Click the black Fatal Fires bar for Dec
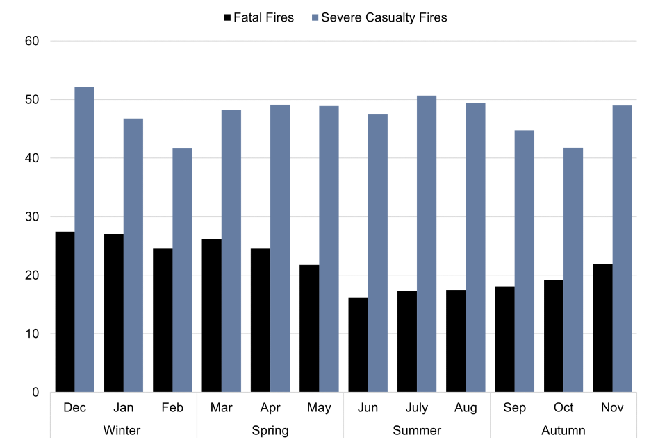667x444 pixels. point(65,311)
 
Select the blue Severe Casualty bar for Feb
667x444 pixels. point(182,270)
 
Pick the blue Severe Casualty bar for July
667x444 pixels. point(427,244)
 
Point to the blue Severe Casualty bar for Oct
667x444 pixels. point(573,270)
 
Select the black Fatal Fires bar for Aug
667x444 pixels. point(456,341)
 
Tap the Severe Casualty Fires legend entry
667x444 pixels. point(379,17)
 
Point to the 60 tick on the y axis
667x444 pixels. point(32,42)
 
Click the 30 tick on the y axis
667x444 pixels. point(32,217)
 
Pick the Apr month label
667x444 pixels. point(270,408)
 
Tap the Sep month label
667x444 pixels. point(514,408)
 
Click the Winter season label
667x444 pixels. point(122,431)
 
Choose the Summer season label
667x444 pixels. point(417,431)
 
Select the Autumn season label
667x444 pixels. point(563,431)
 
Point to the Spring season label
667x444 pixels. point(270,431)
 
